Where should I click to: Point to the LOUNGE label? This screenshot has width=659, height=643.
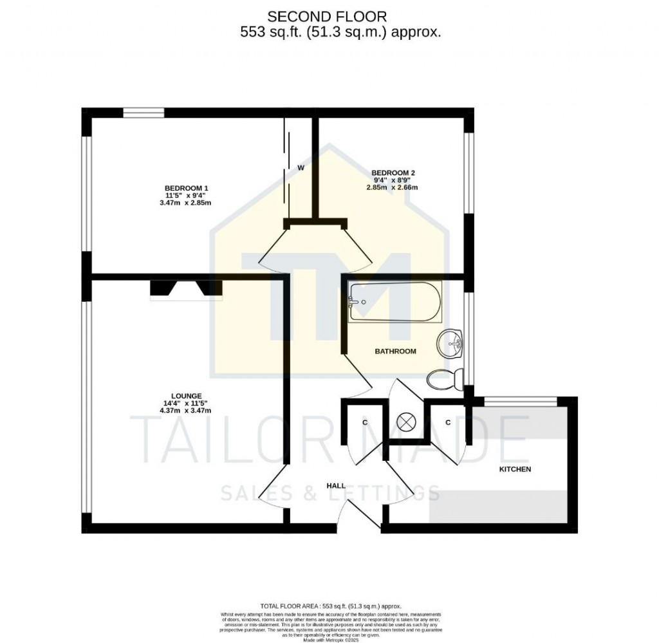pos(187,396)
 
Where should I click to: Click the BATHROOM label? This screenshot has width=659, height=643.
pos(396,351)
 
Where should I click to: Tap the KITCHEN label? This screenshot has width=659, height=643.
pos(515,469)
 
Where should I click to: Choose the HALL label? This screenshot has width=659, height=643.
pos(335,485)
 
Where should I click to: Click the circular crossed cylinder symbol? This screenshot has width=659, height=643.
pos(407,422)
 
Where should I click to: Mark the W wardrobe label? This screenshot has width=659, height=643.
pos(301,168)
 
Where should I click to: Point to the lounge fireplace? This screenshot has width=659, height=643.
pos(186,290)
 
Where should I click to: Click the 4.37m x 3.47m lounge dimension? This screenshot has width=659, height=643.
pos(187,410)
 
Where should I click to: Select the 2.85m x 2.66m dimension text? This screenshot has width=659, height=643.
pos(393,187)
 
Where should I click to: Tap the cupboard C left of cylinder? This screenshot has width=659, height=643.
pos(364,423)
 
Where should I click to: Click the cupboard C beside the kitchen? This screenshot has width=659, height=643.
pos(448,422)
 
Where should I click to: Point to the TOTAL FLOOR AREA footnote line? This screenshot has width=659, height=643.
pos(330,606)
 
